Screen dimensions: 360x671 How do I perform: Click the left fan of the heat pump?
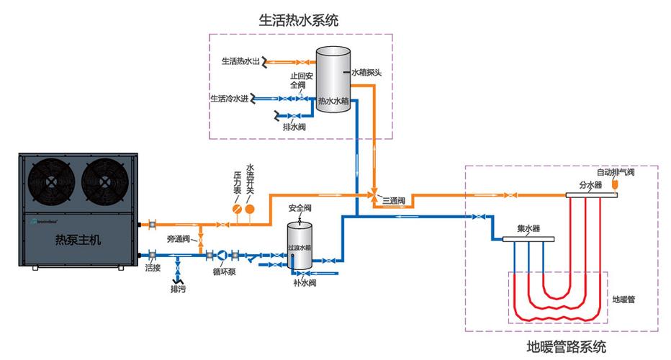pos(53,181)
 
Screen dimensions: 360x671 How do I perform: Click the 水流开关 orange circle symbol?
pos(251,210)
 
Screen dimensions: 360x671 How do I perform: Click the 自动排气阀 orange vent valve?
pos(615,185)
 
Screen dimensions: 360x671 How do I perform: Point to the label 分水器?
pos(590,184)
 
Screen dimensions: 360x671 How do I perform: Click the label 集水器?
pos(528,229)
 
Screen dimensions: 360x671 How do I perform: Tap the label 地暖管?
pos(623,298)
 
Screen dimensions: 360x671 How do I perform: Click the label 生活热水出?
pos(240,61)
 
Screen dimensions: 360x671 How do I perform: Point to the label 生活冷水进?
pos(229,97)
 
